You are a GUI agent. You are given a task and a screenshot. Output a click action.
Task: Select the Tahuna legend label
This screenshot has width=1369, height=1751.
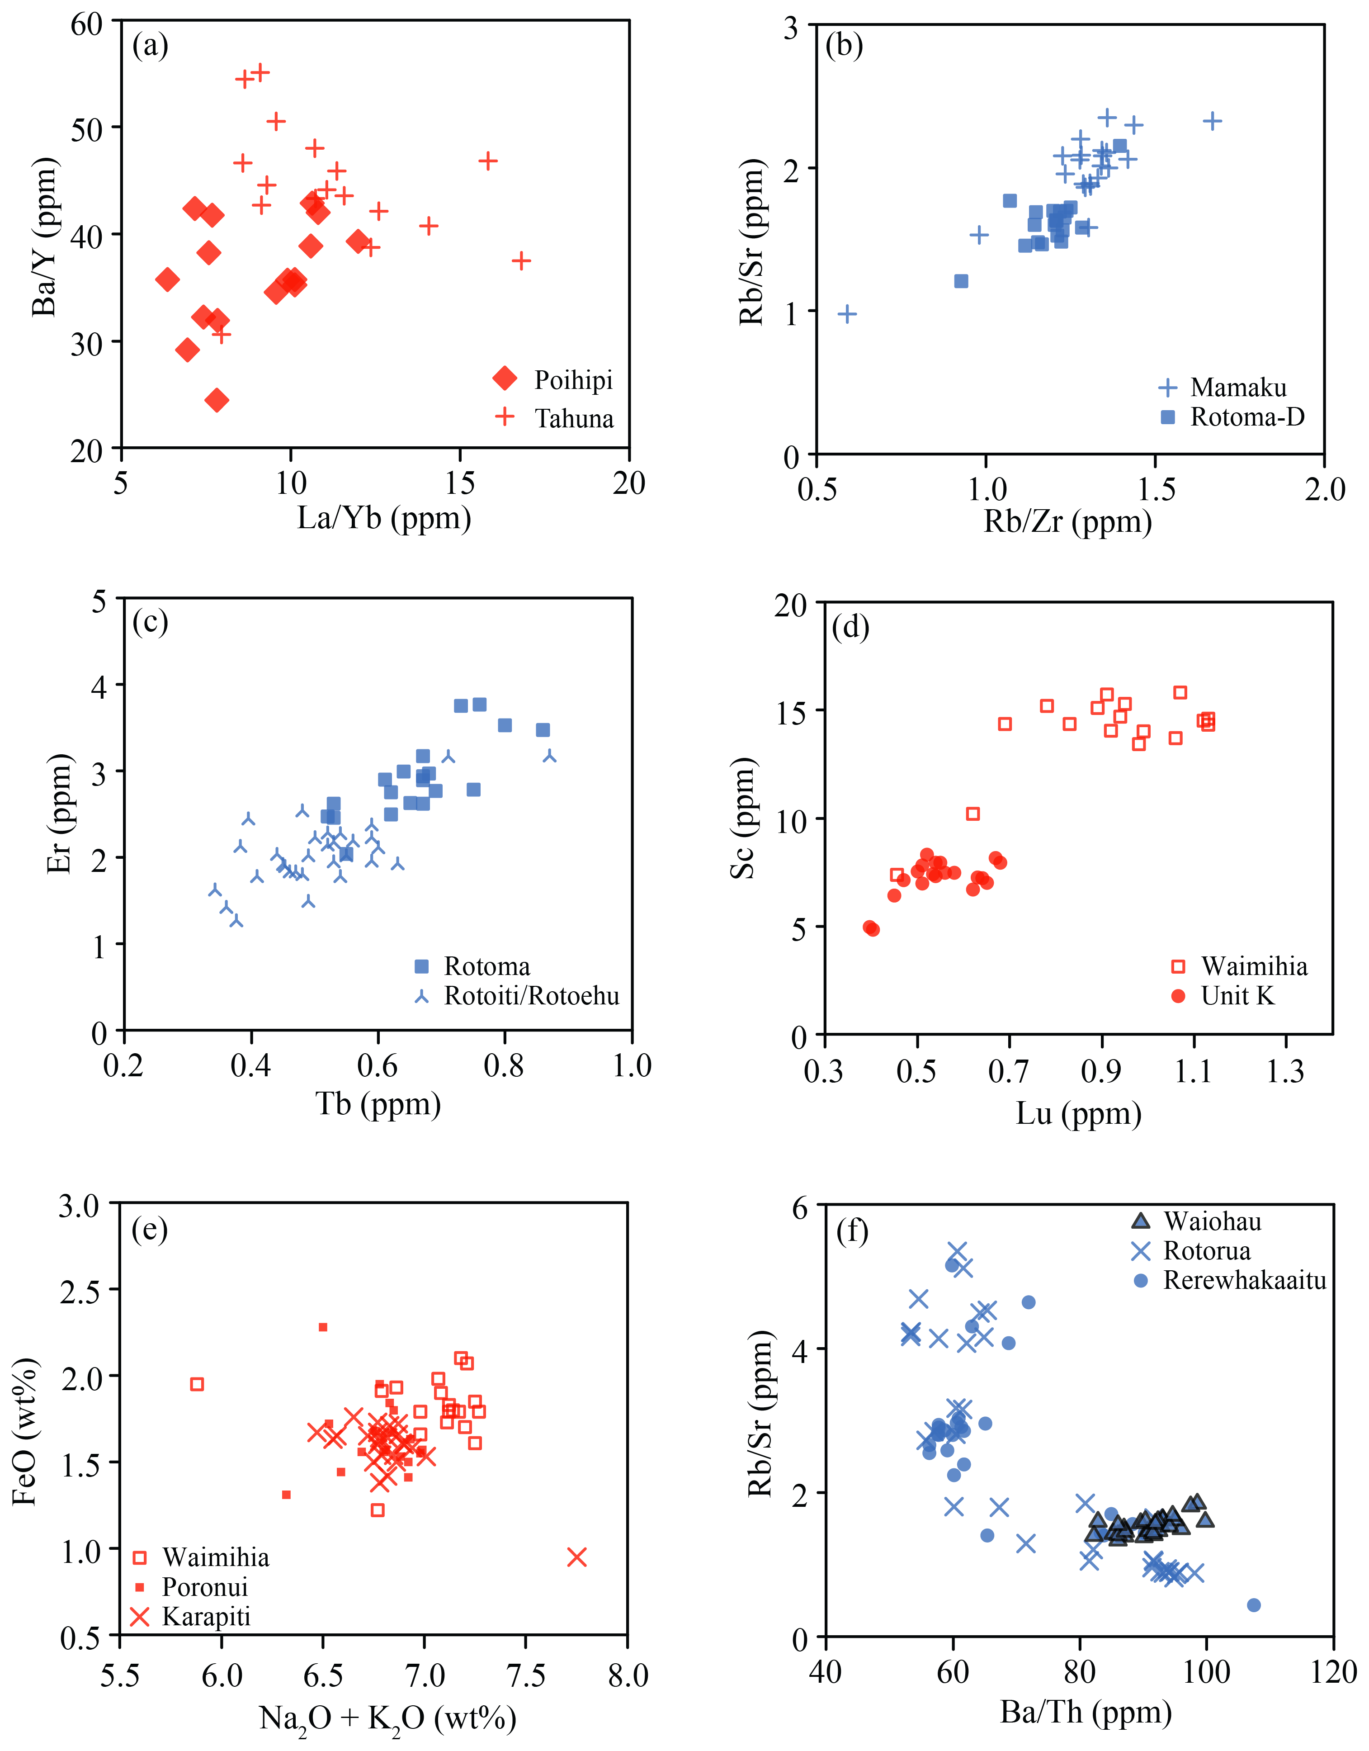[574, 418]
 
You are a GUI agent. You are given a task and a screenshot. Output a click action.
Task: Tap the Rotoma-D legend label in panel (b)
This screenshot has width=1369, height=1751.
[1247, 417]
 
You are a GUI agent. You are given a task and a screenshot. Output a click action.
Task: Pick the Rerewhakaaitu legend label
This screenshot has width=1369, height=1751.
[1245, 1280]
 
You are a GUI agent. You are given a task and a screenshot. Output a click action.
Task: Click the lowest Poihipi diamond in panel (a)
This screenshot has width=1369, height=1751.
[217, 400]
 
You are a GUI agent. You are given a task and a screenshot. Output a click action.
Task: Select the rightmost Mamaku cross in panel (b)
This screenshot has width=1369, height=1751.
[1213, 121]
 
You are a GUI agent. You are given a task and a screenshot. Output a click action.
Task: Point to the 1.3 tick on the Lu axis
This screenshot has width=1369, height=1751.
[1286, 1072]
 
